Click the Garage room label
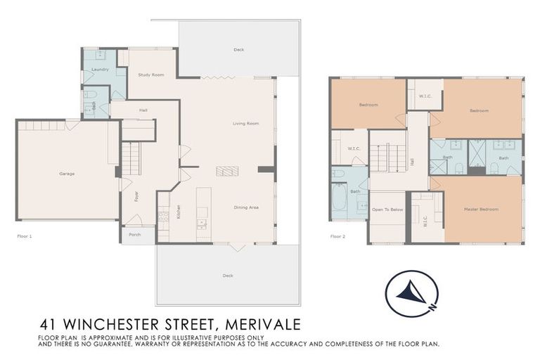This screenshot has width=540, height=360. point(67,174)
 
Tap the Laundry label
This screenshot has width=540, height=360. point(101,70)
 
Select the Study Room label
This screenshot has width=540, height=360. point(151,75)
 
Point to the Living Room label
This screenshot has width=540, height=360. point(246,124)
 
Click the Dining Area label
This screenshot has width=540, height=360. point(247,207)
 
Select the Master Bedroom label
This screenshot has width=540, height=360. point(481,210)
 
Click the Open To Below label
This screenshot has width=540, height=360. point(387,210)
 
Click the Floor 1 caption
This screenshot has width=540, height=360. point(25,236)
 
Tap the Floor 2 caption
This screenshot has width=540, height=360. point(338,236)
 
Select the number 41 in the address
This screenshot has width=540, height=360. point(49,325)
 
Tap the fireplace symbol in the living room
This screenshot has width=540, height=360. point(227,170)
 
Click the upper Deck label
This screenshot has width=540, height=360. point(239,50)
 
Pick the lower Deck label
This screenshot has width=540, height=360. point(227,276)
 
